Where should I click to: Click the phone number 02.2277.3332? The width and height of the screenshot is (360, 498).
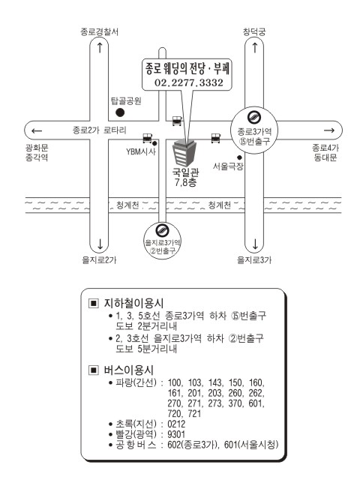coord(189,82)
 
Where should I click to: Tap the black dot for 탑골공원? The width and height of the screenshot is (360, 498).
coord(120,112)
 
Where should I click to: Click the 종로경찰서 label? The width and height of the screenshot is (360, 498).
coord(100,31)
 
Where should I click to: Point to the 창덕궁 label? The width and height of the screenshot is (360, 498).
coord(254,31)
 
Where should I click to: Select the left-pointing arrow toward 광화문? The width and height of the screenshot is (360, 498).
coord(37,130)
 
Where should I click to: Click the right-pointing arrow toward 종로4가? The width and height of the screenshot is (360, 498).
coord(329,130)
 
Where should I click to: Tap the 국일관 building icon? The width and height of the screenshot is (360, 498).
coord(184,154)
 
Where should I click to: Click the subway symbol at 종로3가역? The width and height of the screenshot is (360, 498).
coord(254,117)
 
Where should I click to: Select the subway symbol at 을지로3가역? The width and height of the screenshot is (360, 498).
coord(162,230)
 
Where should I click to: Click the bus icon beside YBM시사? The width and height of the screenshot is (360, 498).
coord(147,138)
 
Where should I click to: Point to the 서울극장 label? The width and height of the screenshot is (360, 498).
coord(228,166)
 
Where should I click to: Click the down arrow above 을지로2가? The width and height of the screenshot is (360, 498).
coord(100,244)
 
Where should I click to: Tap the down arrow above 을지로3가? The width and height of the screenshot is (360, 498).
coord(255,244)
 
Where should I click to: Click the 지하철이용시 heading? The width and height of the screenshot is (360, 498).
coord(133,303)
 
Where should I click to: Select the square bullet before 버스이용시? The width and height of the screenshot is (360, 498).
coord(94,370)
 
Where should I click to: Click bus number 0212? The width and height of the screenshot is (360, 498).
coord(176,424)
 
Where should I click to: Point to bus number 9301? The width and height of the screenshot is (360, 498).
coord(176,434)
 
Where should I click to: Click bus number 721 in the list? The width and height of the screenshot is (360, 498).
coord(194,413)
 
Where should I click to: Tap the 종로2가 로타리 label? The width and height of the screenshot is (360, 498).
coord(100,130)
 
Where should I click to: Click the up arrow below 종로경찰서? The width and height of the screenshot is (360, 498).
coord(100,48)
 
